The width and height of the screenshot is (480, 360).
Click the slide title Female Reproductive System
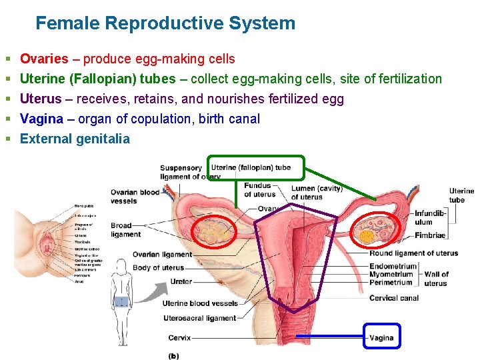tap(165, 23)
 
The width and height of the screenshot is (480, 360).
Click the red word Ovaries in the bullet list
tap(44, 59)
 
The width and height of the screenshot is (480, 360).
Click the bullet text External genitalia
tap(75, 139)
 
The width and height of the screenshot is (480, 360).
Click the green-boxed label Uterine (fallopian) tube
tap(251, 167)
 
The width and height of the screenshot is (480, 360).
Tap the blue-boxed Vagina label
tap(382, 337)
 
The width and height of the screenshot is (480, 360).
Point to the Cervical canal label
tap(394, 298)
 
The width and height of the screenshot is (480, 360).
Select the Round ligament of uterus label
tap(413, 253)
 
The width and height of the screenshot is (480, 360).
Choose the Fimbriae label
tap(429, 235)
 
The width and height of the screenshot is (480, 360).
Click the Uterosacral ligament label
tap(199, 318)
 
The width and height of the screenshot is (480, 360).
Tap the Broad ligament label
tap(125, 230)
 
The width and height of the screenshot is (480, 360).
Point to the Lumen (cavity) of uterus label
tap(317, 193)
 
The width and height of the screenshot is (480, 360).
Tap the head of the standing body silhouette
tap(121, 265)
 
